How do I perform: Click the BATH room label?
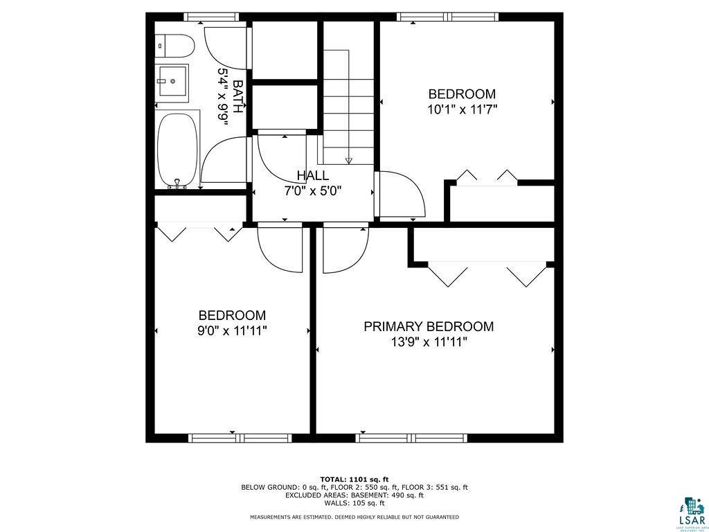tap(238, 97)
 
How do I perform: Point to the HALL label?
tap(313, 176)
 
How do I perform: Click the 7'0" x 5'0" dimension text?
tap(313, 190)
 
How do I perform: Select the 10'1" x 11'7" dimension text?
tap(463, 109)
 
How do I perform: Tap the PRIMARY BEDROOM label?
tap(429, 326)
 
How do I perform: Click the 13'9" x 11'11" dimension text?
tap(429, 342)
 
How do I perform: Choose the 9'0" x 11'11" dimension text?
tap(232, 330)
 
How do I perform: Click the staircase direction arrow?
tap(348, 161)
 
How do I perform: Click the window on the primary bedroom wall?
tap(412, 438)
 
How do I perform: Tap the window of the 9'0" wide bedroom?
tap(231, 438)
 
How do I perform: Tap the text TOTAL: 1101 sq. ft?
tap(354, 479)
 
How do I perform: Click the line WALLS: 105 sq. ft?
tap(354, 503)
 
